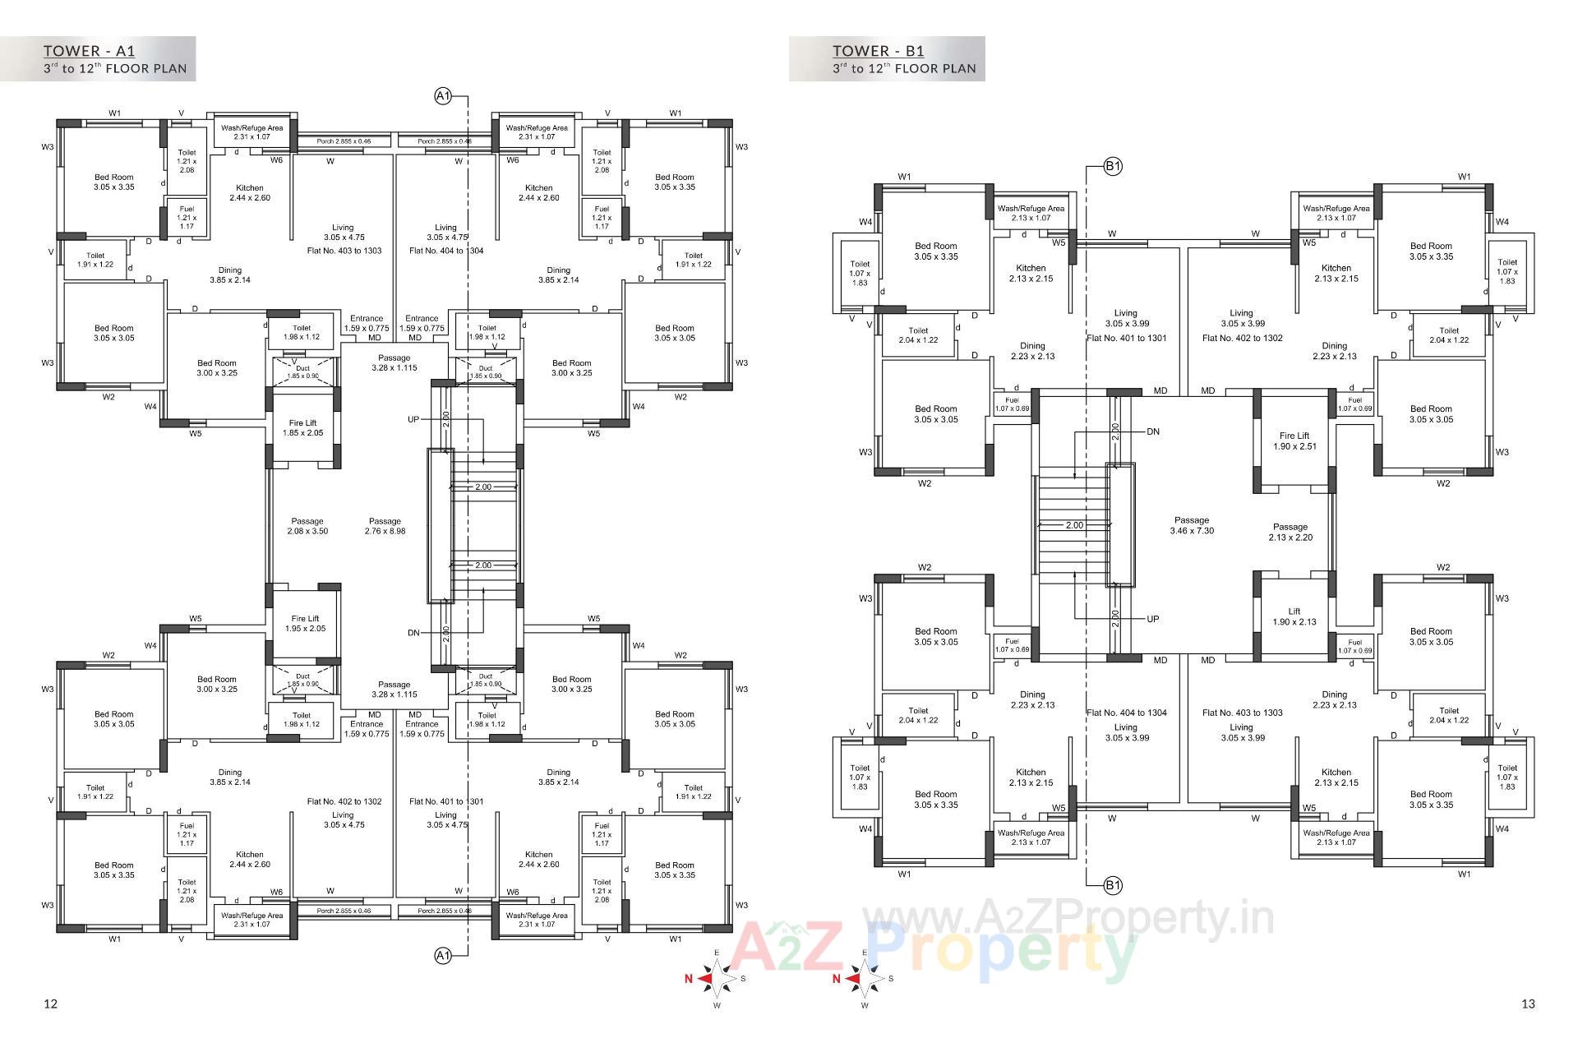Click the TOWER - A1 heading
point(90,51)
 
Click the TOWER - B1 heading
point(878,51)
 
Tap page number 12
point(51,1004)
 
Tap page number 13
point(1528,1004)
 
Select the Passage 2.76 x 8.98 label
point(385,526)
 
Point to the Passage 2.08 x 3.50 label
point(307,526)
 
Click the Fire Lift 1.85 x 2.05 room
point(303,428)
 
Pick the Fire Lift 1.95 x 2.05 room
point(305,623)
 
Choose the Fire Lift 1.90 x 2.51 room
point(1294,441)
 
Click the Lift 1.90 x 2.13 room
point(1294,616)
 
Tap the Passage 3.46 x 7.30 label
point(1192,525)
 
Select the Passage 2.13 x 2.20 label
point(1290,532)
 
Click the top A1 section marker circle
point(443,97)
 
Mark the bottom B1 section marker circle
point(1113,885)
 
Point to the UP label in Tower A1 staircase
point(413,419)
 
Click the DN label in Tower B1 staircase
point(1153,431)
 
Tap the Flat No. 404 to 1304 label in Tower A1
point(446,251)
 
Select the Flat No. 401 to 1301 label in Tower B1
point(1127,338)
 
